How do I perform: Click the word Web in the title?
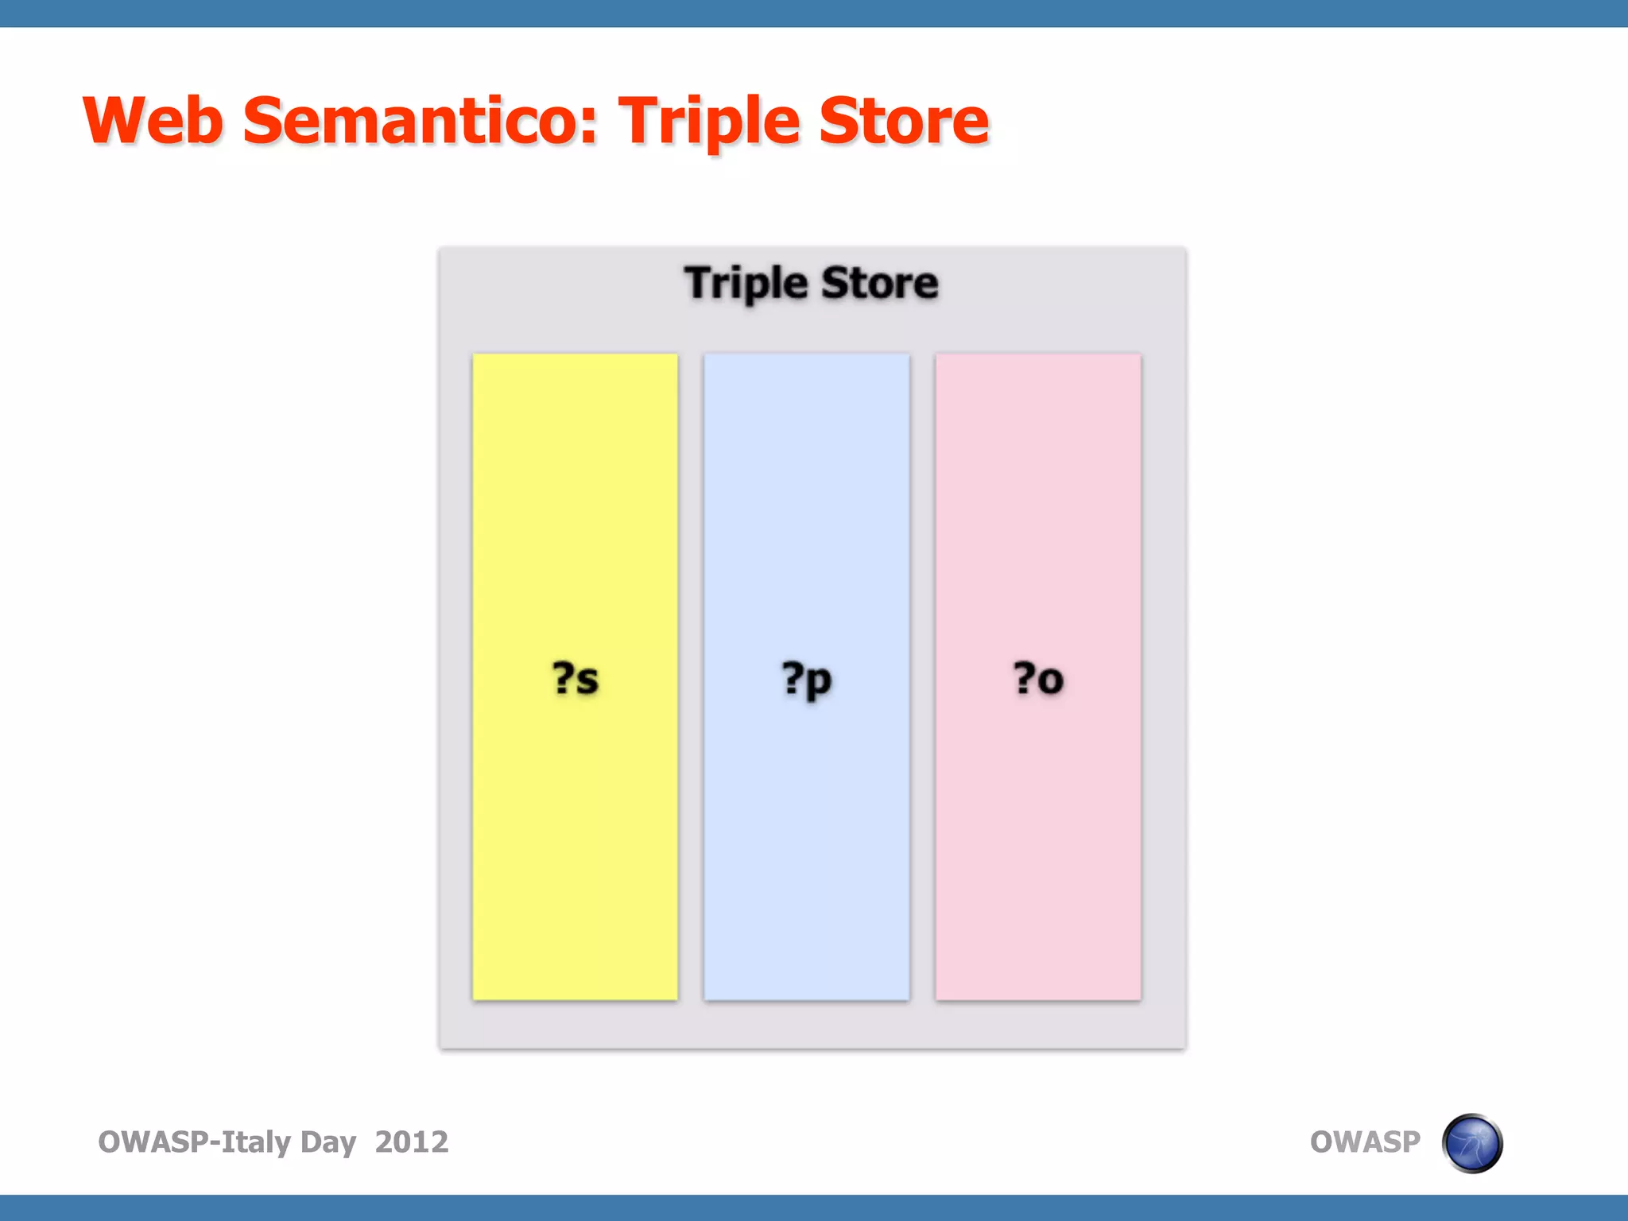[x=153, y=121]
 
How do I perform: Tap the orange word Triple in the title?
[x=709, y=121]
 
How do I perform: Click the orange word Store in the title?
[x=904, y=121]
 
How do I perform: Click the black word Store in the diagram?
[x=879, y=284]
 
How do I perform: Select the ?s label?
[x=575, y=679]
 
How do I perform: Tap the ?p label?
[x=806, y=679]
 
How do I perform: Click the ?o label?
[x=1037, y=679]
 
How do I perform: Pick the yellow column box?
[x=575, y=835]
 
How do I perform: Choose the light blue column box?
[x=806, y=835]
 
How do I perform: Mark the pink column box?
[x=1037, y=835]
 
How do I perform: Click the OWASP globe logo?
[x=1471, y=1143]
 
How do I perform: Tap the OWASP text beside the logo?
[x=1364, y=1142]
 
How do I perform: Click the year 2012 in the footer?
[x=411, y=1142]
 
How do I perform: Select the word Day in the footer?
[x=328, y=1142]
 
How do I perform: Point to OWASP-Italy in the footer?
[x=194, y=1142]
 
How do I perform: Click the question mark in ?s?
[x=562, y=677]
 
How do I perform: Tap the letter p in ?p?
[x=820, y=682]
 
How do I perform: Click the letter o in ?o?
[x=1050, y=681]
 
